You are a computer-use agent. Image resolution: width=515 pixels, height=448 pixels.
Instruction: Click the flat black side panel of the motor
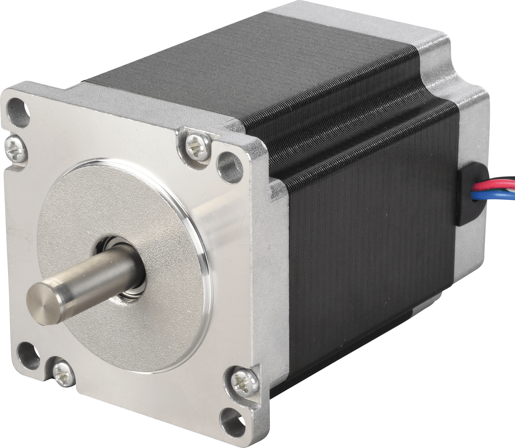[371, 262]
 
